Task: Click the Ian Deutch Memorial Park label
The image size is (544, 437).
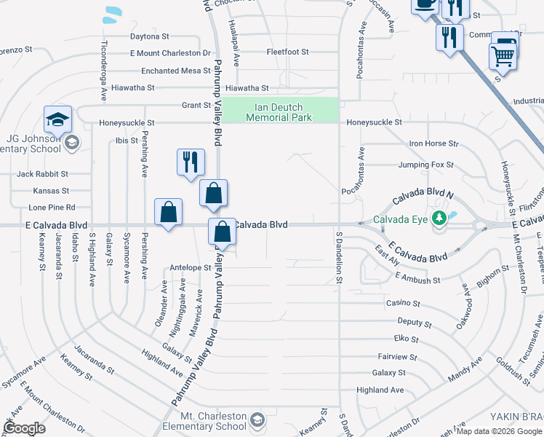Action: click(x=279, y=112)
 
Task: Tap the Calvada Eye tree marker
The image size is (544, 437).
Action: click(x=439, y=219)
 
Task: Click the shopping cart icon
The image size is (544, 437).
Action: click(x=503, y=53)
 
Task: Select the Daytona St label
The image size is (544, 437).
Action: click(x=149, y=36)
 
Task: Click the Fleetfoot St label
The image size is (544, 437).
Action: click(x=287, y=52)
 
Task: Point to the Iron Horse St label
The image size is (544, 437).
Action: click(x=434, y=144)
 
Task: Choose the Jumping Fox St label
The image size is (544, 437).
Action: click(x=425, y=165)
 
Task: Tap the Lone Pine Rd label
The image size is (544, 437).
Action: click(x=55, y=208)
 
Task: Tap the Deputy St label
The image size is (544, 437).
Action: click(x=415, y=322)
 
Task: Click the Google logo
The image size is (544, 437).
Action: click(x=25, y=428)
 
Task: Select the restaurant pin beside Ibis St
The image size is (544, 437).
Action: click(x=191, y=162)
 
